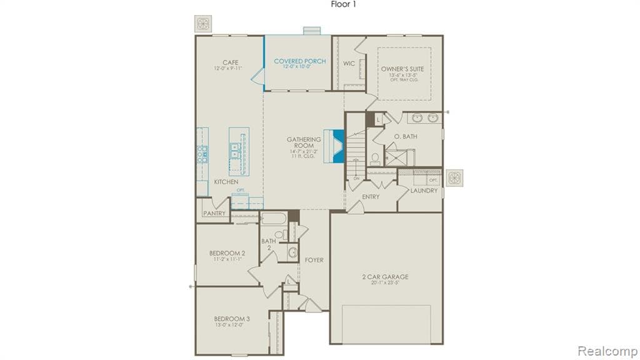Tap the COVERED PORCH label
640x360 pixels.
click(300, 61)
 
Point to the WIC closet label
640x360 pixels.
click(349, 63)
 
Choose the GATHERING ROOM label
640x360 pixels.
click(304, 143)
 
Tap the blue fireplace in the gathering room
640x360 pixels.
click(337, 146)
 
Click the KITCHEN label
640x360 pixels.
click(226, 182)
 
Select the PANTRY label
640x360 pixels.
click(213, 213)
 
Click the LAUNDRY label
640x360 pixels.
click(424, 191)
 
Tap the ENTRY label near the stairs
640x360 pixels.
click(371, 196)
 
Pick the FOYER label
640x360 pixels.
click(314, 260)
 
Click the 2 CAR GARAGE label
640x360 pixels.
click(386, 276)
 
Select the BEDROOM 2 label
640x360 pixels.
click(227, 253)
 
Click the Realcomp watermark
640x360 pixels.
click(607, 350)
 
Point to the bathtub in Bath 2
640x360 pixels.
click(274, 219)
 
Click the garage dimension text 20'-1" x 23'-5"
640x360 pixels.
click(386, 283)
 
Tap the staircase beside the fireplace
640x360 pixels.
click(356, 150)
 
